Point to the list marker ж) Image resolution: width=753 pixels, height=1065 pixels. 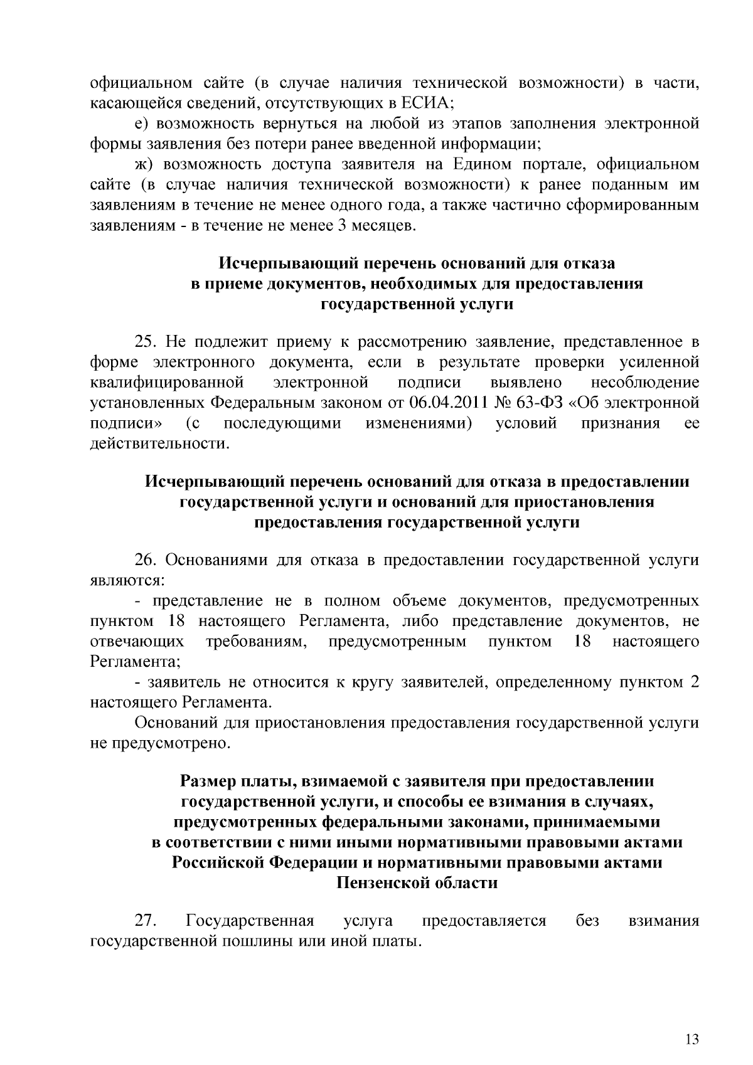pyautogui.click(x=144, y=164)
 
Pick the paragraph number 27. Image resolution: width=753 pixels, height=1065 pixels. pyautogui.click(x=146, y=921)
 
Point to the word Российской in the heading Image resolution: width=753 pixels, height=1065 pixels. pyautogui.click(x=219, y=863)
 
